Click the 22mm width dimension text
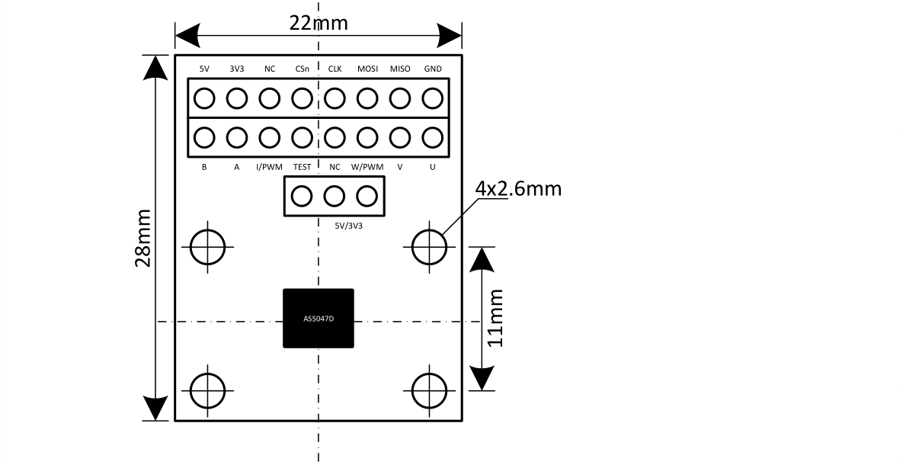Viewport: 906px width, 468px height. tap(319, 23)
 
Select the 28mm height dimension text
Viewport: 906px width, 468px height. tap(142, 238)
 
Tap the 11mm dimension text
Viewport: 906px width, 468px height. tap(495, 318)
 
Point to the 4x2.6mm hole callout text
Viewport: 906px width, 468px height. tap(518, 189)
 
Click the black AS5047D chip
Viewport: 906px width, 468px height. tap(319, 319)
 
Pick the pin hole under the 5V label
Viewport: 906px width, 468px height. tap(204, 99)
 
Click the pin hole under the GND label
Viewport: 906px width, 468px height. tap(433, 99)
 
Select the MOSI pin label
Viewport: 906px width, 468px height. tap(367, 69)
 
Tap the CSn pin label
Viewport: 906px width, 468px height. tap(303, 69)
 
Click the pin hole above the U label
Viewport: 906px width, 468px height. tap(433, 138)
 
